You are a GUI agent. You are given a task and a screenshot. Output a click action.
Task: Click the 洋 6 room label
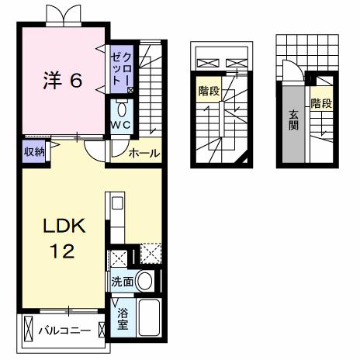click(x=61, y=80)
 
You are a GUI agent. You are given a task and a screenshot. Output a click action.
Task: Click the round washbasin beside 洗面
click(x=144, y=282)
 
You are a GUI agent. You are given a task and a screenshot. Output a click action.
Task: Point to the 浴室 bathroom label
click(x=122, y=317)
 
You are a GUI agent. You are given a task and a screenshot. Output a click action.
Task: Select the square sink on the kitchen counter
click(x=117, y=206)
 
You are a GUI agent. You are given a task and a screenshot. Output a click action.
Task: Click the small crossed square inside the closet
click(x=130, y=90)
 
